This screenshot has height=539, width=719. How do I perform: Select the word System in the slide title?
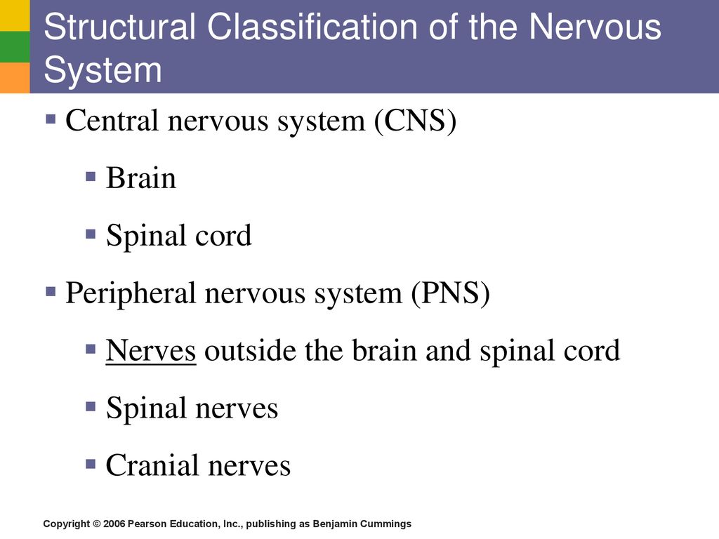pyautogui.click(x=103, y=69)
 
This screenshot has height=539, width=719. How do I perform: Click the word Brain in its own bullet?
pyautogui.click(x=140, y=178)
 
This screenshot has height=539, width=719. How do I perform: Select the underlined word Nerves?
pyautogui.click(x=150, y=351)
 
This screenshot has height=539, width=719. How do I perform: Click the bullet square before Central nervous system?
pyautogui.click(x=51, y=119)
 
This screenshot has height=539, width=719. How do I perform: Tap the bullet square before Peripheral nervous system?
pyautogui.click(x=51, y=291)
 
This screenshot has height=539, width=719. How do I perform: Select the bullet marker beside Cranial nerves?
pyautogui.click(x=91, y=463)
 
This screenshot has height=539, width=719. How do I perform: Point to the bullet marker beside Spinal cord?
pyautogui.click(x=91, y=234)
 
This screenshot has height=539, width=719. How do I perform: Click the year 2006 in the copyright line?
pyautogui.click(x=114, y=524)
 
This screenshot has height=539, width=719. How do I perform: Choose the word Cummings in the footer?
pyautogui.click(x=388, y=524)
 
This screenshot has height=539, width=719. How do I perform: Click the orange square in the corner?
pyautogui.click(x=14, y=77)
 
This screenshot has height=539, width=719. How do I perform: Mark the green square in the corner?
pyautogui.click(x=14, y=46)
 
